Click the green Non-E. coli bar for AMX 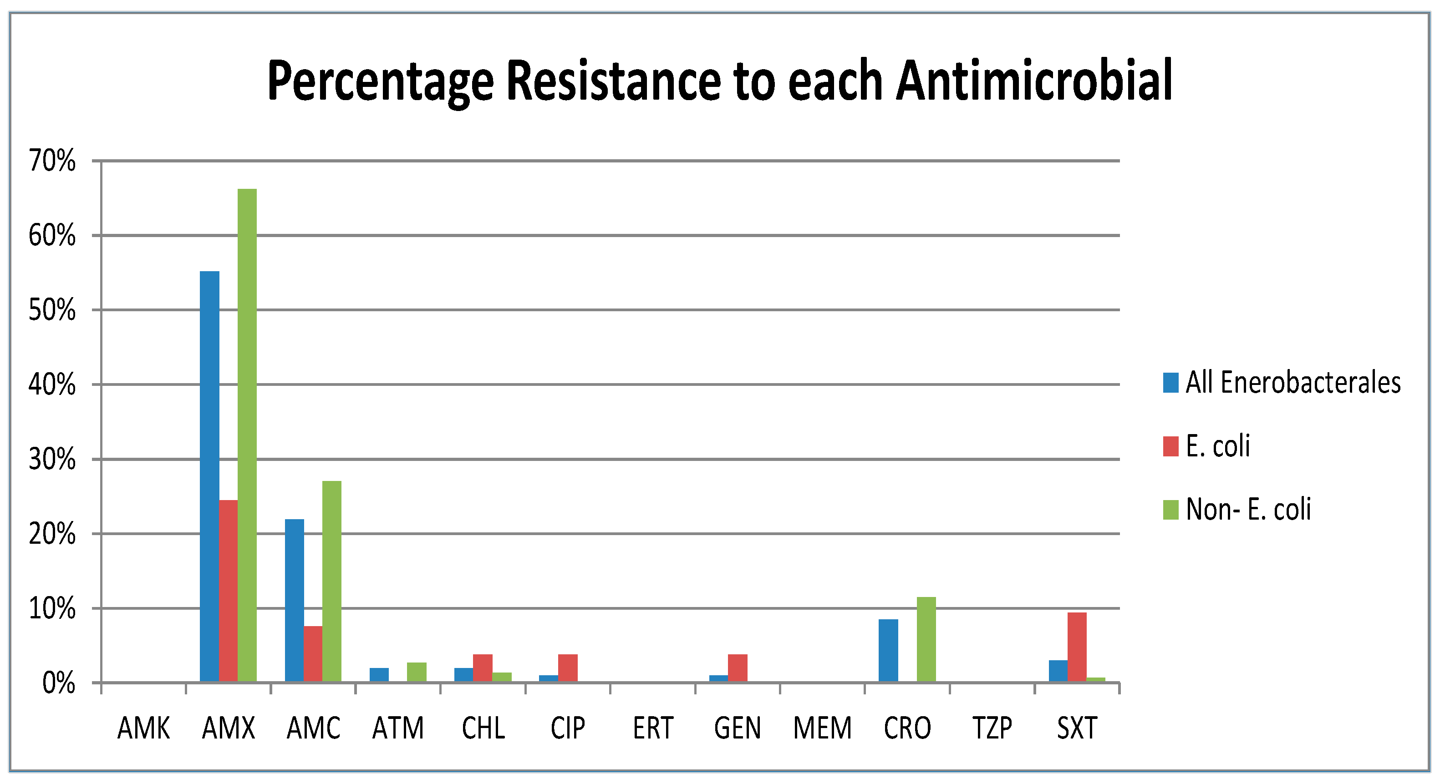(x=247, y=436)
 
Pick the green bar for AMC (x=331, y=581)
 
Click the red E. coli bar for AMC (x=313, y=654)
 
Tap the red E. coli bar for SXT (x=1077, y=647)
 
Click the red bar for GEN (x=738, y=668)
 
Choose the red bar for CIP (x=567, y=668)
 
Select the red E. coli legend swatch (x=1170, y=446)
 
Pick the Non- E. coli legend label (x=1248, y=509)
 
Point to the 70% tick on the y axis (x=52, y=161)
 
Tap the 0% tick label (x=59, y=683)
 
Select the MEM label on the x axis (x=822, y=728)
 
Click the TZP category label (x=992, y=728)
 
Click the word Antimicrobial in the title (x=1034, y=81)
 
